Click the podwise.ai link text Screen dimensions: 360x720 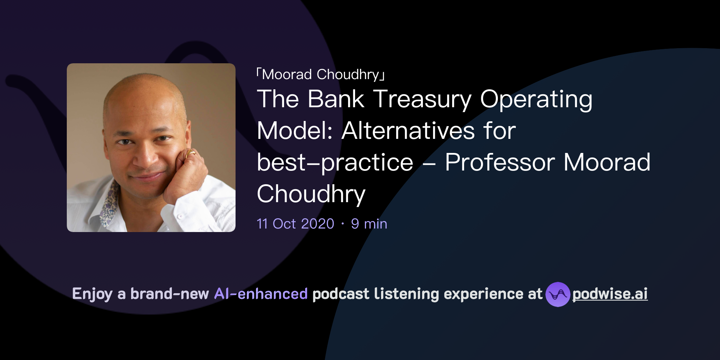point(610,294)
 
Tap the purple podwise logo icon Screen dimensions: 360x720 point(558,294)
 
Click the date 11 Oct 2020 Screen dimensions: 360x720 point(295,224)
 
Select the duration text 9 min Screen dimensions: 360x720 point(369,224)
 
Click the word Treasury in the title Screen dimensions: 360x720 point(422,99)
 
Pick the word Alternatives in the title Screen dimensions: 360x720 point(408,131)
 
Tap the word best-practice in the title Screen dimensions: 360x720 point(335,162)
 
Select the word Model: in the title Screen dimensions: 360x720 point(295,131)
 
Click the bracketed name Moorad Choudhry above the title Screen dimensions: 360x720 point(320,75)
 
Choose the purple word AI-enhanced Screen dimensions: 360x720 point(261,294)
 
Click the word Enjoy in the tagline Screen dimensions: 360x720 point(92,294)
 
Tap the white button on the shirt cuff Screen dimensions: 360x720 point(180,216)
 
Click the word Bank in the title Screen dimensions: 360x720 point(336,99)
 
